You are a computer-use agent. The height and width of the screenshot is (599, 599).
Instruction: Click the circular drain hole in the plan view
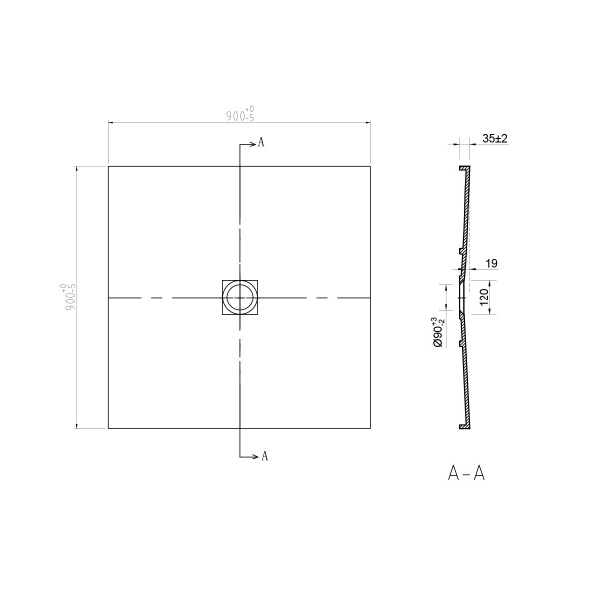tap(239, 298)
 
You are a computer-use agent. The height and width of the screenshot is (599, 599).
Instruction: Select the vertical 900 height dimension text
tap(70, 298)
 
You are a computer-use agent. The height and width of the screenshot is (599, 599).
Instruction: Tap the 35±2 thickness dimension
tap(494, 138)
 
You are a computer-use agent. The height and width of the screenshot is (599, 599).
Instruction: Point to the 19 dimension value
tap(492, 263)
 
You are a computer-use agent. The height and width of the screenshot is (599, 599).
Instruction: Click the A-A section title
tap(467, 475)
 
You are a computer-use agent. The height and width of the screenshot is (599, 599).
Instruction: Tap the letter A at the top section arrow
tap(261, 143)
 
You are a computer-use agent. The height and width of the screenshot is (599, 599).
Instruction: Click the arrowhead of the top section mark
tap(253, 143)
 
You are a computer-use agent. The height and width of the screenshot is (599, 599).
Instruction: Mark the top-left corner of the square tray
tap(108, 166)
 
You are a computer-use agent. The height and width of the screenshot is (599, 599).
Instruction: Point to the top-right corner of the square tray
tap(370, 166)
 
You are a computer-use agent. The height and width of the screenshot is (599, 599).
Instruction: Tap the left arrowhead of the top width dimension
tap(111, 123)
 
